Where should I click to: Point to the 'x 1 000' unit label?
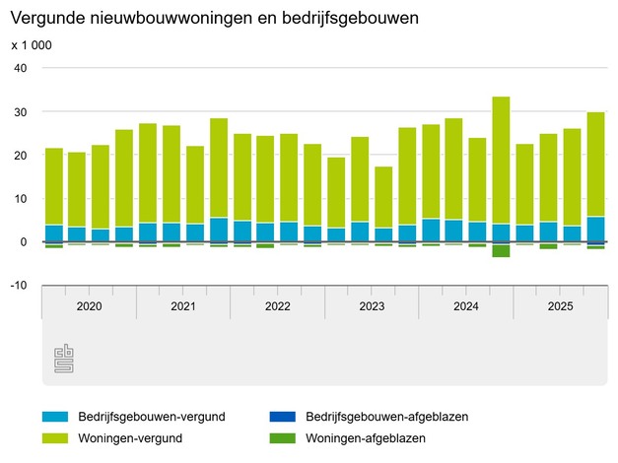point(32,45)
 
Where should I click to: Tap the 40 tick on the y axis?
point(22,68)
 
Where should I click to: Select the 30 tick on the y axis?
point(22,111)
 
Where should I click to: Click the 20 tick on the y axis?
point(22,155)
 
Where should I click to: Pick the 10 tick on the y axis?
point(22,198)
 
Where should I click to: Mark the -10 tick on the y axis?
point(20,285)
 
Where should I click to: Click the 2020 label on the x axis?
point(89,306)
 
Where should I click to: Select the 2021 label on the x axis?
point(183,306)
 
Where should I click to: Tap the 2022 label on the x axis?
point(277,306)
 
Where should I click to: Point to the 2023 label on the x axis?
point(372,306)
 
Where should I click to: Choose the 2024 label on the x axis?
point(465,306)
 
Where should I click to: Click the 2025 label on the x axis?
point(560,306)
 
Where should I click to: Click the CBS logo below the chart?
point(63,359)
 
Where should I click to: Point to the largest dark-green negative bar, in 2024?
point(501,250)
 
